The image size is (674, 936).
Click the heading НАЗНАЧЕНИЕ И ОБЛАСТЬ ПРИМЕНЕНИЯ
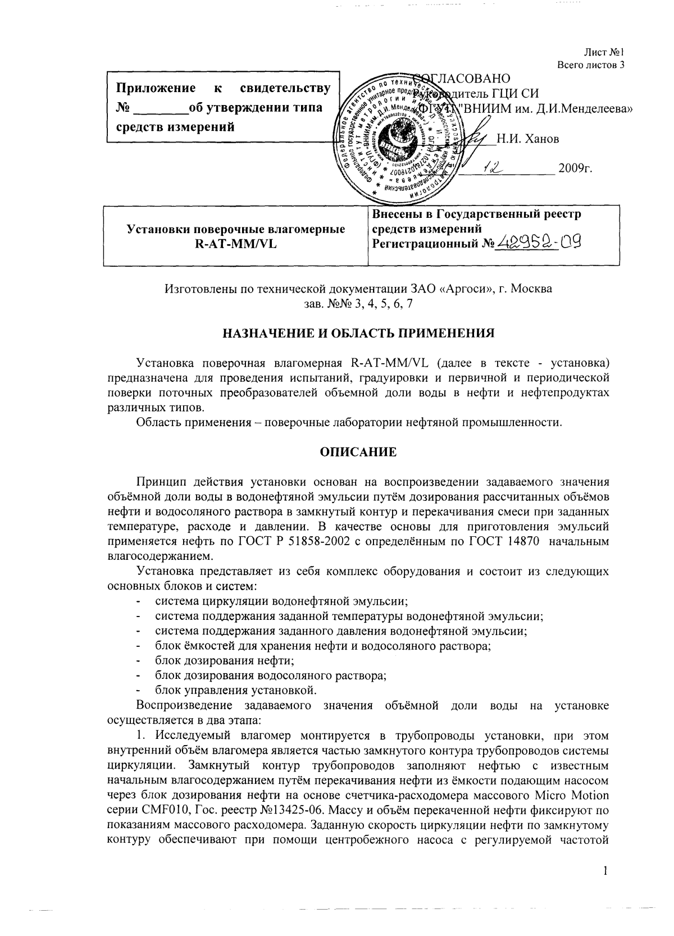point(359,333)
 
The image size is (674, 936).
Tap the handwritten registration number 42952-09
point(536,242)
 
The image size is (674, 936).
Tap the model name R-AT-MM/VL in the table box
point(236,244)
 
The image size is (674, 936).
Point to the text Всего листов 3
point(591,65)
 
